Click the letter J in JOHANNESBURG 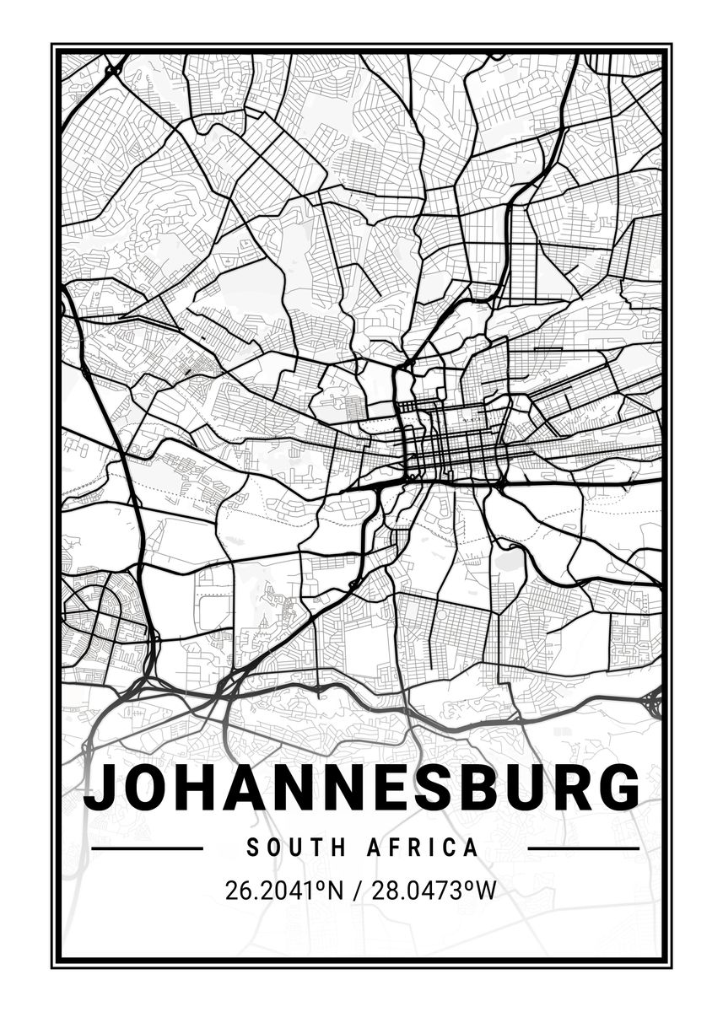[x=100, y=787]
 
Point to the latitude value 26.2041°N [x=284, y=891]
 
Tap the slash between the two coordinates [x=356, y=891]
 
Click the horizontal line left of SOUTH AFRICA [x=147, y=848]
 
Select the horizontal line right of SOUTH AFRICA [x=582, y=848]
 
